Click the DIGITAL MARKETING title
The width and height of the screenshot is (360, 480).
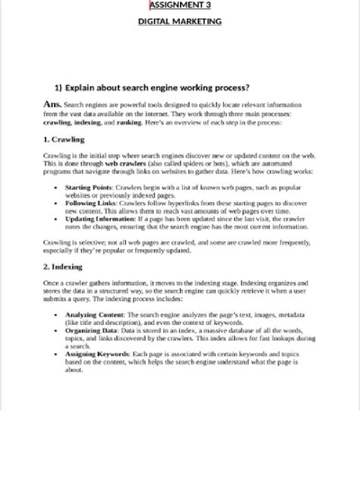point(180,21)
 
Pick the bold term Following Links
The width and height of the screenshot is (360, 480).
point(90,203)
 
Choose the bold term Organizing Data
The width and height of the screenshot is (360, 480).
point(93,330)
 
